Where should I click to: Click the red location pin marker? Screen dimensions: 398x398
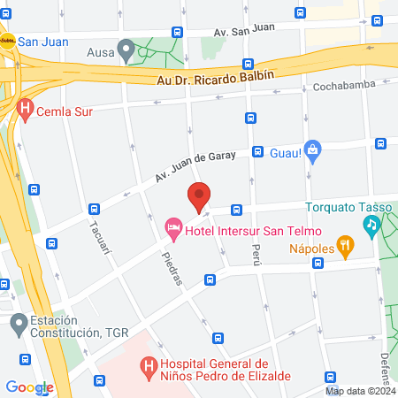199,195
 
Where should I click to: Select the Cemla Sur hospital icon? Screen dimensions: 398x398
26,110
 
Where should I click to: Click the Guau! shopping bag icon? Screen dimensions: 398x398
311,149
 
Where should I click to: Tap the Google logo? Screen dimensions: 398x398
29,387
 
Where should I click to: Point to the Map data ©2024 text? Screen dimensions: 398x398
360,391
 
